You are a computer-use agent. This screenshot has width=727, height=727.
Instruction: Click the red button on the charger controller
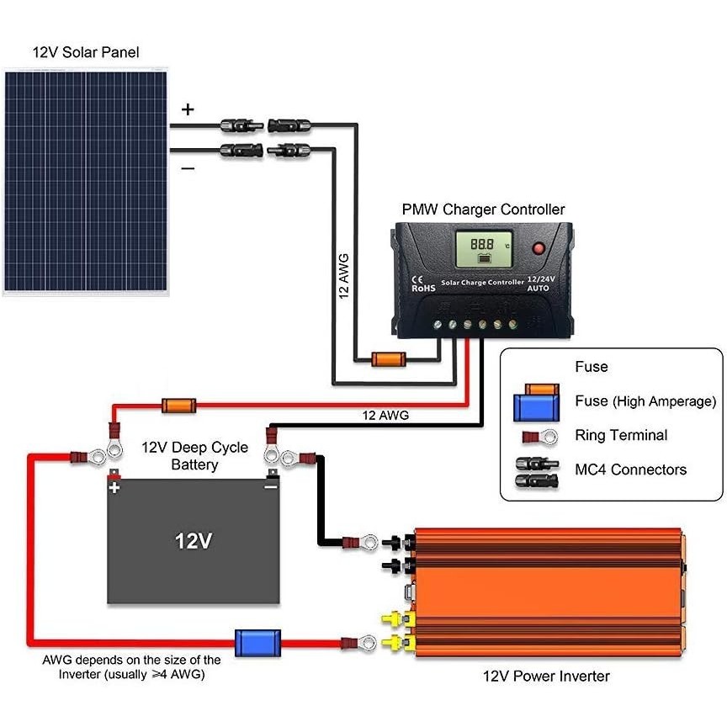(x=539, y=248)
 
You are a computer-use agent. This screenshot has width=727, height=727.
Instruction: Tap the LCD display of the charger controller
(x=484, y=249)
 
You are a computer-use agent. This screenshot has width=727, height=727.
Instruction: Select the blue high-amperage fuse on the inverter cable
(x=257, y=643)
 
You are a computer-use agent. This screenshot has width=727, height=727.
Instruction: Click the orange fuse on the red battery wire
(x=179, y=406)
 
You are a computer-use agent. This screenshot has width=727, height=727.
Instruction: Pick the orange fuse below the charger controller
(x=389, y=359)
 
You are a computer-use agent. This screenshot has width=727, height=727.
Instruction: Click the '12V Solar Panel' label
(x=86, y=52)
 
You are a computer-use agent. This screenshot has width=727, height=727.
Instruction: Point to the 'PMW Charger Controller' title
(x=483, y=210)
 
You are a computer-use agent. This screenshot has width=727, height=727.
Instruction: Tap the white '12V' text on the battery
(x=194, y=540)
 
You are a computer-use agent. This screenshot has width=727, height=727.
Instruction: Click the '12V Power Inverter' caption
(x=546, y=676)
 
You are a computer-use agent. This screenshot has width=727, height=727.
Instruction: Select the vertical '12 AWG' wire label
(x=343, y=276)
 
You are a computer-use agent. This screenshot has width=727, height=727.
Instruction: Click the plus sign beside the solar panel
(x=188, y=109)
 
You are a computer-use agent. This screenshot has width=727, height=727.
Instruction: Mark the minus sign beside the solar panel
(x=188, y=168)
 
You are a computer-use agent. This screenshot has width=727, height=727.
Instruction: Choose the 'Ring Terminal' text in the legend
(x=621, y=435)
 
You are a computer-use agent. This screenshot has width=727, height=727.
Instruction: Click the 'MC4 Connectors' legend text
(x=630, y=470)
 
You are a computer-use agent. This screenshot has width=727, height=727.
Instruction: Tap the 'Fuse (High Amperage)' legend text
(x=645, y=401)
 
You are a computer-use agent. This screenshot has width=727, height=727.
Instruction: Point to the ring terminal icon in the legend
(x=540, y=438)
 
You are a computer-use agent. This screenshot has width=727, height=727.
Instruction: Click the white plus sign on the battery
(x=114, y=487)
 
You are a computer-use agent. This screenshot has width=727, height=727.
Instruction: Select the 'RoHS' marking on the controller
(x=423, y=289)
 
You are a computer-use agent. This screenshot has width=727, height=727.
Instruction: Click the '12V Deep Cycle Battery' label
(x=194, y=456)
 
